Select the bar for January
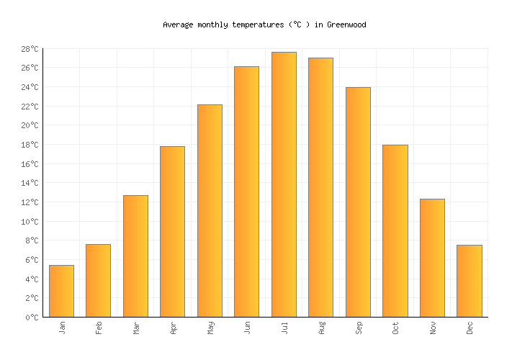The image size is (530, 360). [x=61, y=291]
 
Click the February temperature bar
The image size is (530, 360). [x=98, y=281]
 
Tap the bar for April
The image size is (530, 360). [x=172, y=231]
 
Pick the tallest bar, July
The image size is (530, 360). [x=284, y=184]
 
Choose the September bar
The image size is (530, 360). [x=358, y=202]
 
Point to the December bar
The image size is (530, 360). [x=469, y=281]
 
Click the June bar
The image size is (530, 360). [x=246, y=192]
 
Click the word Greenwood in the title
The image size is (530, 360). [x=346, y=24]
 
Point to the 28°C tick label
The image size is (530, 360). [x=30, y=49]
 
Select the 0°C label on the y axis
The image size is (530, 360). [x=32, y=317]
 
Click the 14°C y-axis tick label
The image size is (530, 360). [x=30, y=183]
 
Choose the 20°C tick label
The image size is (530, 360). [x=30, y=125]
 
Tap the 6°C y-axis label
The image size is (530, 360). [x=32, y=260]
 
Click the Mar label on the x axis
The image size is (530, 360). [x=136, y=328]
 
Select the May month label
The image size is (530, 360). [x=210, y=328]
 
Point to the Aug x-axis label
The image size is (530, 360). [x=321, y=328]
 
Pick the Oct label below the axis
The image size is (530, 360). [x=395, y=328]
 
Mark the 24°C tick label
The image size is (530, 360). [x=30, y=87]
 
